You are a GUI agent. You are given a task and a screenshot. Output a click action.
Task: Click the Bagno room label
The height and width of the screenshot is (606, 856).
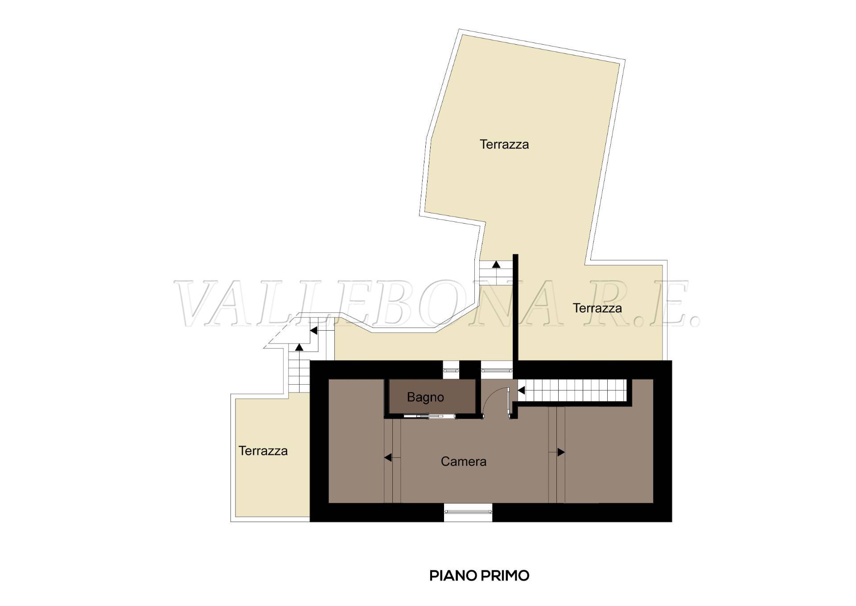(x=425, y=397)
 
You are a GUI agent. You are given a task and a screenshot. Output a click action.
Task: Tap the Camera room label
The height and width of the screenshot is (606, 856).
(x=463, y=461)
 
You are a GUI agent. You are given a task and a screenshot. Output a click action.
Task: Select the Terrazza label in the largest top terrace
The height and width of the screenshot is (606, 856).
(x=504, y=144)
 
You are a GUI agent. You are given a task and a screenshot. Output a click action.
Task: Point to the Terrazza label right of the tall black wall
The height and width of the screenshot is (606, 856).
(x=597, y=308)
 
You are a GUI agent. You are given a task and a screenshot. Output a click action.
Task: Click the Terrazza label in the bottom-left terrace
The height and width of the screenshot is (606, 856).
(x=263, y=451)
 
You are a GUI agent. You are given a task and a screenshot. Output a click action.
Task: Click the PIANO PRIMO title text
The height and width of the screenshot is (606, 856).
(x=479, y=576)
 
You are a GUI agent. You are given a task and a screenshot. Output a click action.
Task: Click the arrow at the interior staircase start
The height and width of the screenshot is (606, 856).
(x=521, y=391)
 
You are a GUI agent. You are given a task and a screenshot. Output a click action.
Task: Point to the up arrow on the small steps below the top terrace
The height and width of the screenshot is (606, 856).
(x=496, y=265)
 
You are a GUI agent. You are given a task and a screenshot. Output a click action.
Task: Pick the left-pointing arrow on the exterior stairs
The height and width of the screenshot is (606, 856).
(x=313, y=331)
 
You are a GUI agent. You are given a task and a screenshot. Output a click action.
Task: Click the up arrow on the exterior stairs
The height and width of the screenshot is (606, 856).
(x=300, y=347)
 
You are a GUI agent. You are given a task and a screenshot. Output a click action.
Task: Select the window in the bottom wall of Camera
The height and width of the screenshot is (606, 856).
(x=468, y=511)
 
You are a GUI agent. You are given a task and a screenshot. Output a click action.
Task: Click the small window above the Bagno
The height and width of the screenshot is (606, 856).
(x=451, y=370)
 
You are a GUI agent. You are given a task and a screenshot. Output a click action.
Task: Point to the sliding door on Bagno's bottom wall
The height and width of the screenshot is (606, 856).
(x=429, y=416)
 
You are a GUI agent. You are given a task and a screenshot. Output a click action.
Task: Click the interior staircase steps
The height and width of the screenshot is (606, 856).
(x=574, y=391)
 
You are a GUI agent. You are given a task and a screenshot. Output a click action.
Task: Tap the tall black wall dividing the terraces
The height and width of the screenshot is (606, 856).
(x=515, y=308)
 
